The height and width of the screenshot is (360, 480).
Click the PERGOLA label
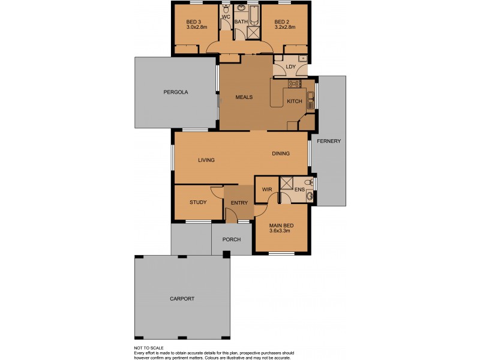pyautogui.click(x=176, y=92)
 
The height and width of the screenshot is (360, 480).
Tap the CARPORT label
pyautogui.click(x=182, y=298)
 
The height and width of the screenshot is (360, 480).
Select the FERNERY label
pyautogui.click(x=331, y=141)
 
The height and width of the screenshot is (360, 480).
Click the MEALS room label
pyautogui.click(x=243, y=97)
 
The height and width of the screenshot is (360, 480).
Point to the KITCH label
pyautogui.click(x=294, y=101)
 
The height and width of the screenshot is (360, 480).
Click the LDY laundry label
pyautogui.click(x=291, y=67)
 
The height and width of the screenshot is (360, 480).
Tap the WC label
pyautogui.click(x=226, y=17)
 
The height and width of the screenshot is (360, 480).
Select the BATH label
pyautogui.click(x=241, y=22)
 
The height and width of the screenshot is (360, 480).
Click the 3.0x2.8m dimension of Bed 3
pyautogui.click(x=197, y=27)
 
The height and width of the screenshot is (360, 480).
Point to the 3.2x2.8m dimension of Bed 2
pyautogui.click(x=285, y=27)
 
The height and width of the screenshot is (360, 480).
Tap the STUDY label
pyautogui.click(x=197, y=202)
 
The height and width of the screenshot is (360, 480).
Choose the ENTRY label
pyautogui.click(x=239, y=203)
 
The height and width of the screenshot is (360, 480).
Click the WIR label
pyautogui.click(x=268, y=190)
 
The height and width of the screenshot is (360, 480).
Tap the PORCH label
pyautogui.click(x=231, y=239)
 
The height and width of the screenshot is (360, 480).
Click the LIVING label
pyautogui.click(x=206, y=160)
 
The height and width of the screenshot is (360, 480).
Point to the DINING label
pyautogui.click(x=280, y=154)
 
